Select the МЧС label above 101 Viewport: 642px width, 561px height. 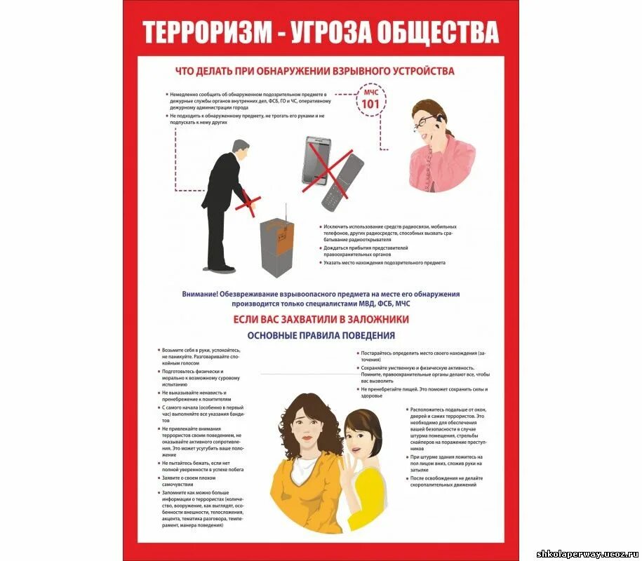[370, 93]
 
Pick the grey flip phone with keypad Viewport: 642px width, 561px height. [342, 182]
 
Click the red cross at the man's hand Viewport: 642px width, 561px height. [248, 203]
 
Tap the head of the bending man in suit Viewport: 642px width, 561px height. [240, 149]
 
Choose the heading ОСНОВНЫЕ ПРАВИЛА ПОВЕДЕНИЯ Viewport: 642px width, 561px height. [321, 335]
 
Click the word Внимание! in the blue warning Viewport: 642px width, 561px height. [199, 295]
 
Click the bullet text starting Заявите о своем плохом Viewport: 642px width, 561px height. [194, 481]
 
